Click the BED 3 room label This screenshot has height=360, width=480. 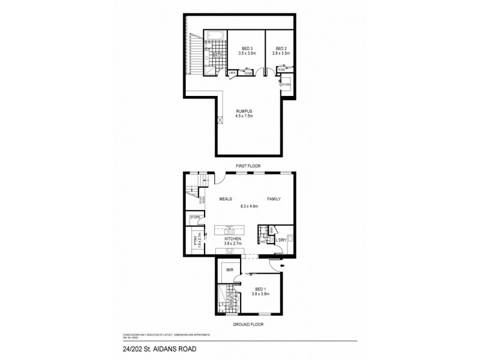point(247,48)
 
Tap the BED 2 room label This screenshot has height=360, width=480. point(283,48)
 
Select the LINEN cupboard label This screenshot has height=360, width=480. point(232,73)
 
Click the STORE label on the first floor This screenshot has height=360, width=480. point(286,85)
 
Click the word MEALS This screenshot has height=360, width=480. point(226,199)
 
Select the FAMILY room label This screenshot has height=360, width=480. point(274,199)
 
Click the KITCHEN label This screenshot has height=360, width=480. point(232,238)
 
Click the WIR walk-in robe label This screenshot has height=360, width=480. point(229,271)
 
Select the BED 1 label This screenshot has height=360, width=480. point(259,289)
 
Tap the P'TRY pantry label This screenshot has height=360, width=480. point(196,241)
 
